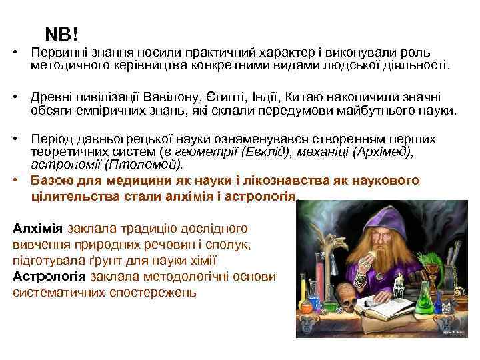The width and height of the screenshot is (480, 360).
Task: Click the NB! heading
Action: (61, 33)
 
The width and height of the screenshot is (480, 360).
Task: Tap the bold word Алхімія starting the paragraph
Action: (38, 228)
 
